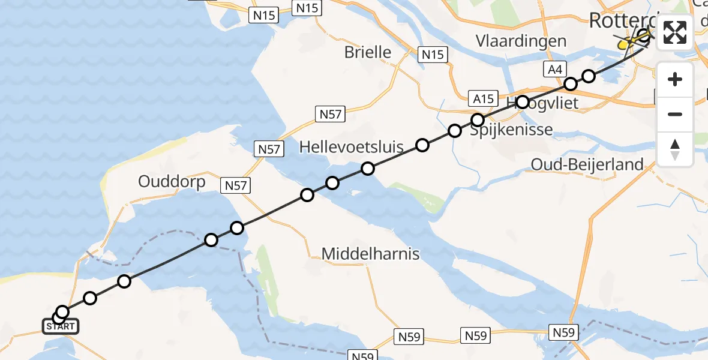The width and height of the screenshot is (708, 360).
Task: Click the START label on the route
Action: click(x=60, y=327)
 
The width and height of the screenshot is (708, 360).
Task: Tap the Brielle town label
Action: click(x=368, y=52)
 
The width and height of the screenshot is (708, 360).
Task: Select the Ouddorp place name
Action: click(x=172, y=181)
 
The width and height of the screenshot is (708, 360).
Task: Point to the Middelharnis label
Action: click(x=370, y=254)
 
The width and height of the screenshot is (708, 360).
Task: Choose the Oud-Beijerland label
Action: click(x=587, y=164)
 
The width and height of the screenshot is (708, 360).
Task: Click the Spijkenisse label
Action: click(x=511, y=129)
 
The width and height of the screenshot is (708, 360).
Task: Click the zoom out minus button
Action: click(x=675, y=114)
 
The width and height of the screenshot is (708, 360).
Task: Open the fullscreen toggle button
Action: click(x=675, y=32)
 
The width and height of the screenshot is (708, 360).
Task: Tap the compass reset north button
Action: click(x=675, y=149)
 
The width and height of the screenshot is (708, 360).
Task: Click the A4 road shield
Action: click(x=554, y=70)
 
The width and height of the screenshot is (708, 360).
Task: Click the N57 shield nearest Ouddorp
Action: click(x=235, y=186)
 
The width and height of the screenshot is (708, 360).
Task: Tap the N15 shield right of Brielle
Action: click(x=432, y=55)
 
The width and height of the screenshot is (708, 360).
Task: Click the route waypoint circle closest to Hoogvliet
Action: click(x=523, y=102)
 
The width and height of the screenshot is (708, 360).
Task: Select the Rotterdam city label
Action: click(x=621, y=20)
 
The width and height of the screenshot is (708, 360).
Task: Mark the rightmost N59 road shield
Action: click(x=564, y=332)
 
